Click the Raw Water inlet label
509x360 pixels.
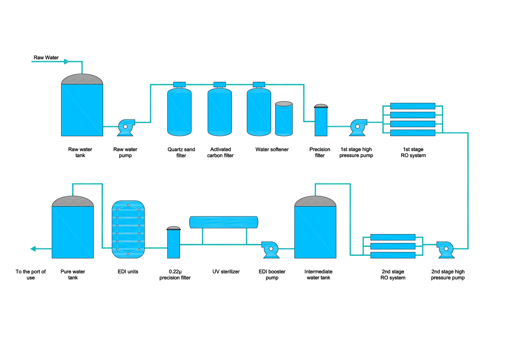pyautogui.click(x=46, y=58)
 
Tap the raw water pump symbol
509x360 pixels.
pyautogui.click(x=126, y=127)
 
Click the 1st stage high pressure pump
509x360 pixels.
pyautogui.click(x=358, y=127)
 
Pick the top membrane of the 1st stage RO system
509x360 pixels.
pyautogui.click(x=413, y=106)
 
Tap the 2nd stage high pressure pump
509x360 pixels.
pyautogui.click(x=446, y=249)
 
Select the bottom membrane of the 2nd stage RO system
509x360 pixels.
pyautogui.click(x=393, y=255)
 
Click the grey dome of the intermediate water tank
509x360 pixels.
pyautogui.click(x=315, y=201)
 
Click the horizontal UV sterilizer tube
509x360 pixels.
pyautogui.click(x=223, y=222)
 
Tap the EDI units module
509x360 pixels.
pyautogui.click(x=128, y=229)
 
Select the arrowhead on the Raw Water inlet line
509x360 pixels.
pyautogui.click(x=66, y=62)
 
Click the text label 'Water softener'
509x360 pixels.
pyautogui.click(x=272, y=149)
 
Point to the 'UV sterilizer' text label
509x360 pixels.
pyautogui.click(x=226, y=272)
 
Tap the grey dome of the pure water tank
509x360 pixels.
pyautogui.click(x=73, y=201)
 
